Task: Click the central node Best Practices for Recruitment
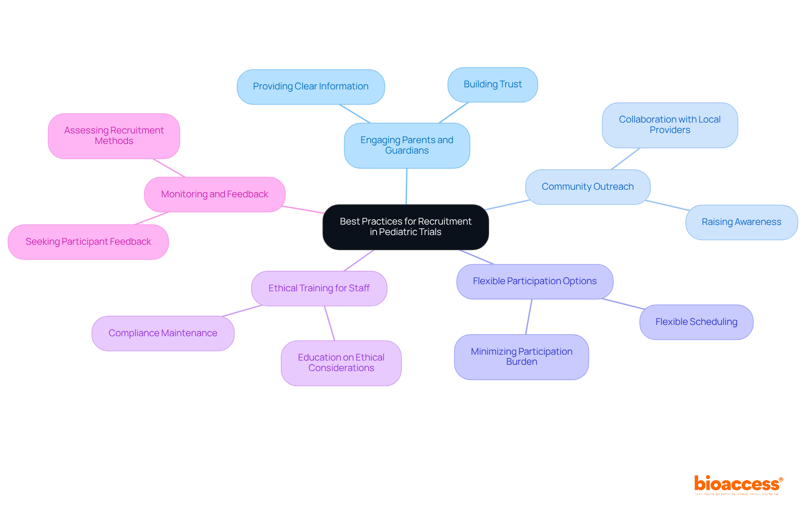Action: click(406, 227)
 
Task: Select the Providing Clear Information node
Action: click(311, 86)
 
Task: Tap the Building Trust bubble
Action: click(492, 84)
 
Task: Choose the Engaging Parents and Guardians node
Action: click(407, 145)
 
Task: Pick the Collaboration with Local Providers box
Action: click(670, 125)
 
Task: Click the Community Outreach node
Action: click(587, 187)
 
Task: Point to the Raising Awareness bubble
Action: click(741, 222)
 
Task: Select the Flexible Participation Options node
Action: click(534, 281)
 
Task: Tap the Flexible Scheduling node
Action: click(696, 322)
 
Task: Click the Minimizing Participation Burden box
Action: click(521, 357)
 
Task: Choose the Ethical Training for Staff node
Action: click(319, 288)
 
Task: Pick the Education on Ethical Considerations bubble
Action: click(341, 363)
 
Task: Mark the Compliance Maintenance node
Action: click(163, 333)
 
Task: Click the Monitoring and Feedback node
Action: click(215, 194)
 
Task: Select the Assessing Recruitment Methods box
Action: click(114, 136)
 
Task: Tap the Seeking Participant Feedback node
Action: click(88, 242)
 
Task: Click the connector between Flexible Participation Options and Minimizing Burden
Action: click(529, 316)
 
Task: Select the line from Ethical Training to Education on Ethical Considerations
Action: click(330, 323)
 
